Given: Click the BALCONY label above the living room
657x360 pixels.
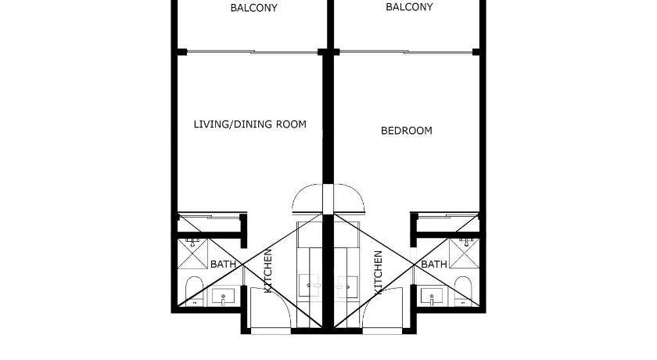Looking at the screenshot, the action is [253, 8].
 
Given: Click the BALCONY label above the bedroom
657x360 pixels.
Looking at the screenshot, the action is [409, 7].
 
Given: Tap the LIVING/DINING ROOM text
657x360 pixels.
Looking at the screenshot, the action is [250, 124].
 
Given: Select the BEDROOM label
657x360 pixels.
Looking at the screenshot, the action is [407, 131].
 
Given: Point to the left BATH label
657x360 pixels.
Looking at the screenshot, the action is [223, 265].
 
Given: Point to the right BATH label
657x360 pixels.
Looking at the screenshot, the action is [434, 265].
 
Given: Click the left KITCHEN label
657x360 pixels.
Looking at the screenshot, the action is [268, 271].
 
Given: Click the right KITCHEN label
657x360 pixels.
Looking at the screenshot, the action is [378, 272].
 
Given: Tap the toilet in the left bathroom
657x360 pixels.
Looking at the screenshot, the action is [194, 291].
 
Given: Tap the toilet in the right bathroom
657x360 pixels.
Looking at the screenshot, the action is [463, 291].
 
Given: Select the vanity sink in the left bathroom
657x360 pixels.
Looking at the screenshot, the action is [223, 297].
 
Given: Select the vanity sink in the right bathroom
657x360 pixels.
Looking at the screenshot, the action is [432, 297].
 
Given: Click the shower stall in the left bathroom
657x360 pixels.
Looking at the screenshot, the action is [192, 254].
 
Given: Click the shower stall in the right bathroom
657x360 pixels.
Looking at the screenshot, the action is [465, 254].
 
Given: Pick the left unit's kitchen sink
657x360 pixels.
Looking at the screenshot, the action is [309, 286].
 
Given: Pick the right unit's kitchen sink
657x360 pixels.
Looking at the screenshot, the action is [347, 286].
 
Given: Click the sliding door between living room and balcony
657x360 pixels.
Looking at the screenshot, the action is [252, 52].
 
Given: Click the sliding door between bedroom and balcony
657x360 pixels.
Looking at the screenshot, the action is [407, 52].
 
